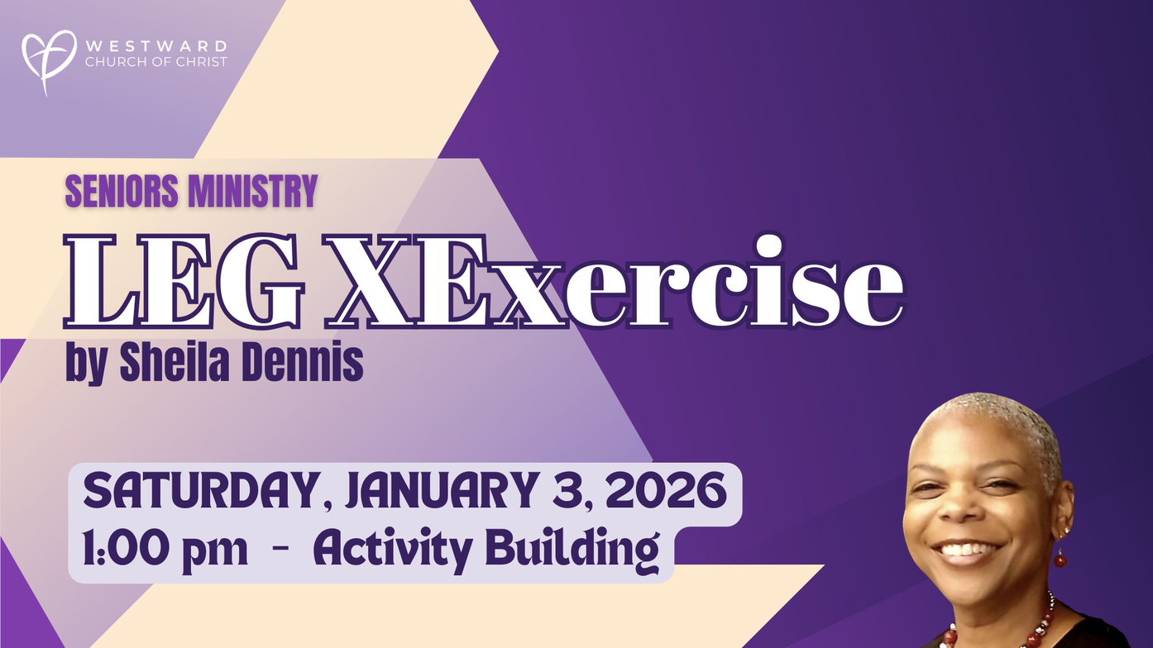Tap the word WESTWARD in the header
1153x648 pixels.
[156, 45]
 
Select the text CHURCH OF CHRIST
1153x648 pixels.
[156, 62]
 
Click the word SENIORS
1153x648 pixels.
[122, 191]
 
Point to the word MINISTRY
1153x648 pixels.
[252, 191]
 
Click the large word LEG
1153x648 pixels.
[182, 281]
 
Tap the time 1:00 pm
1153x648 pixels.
[165, 550]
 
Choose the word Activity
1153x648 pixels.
[392, 550]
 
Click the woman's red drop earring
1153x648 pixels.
[1060, 558]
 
